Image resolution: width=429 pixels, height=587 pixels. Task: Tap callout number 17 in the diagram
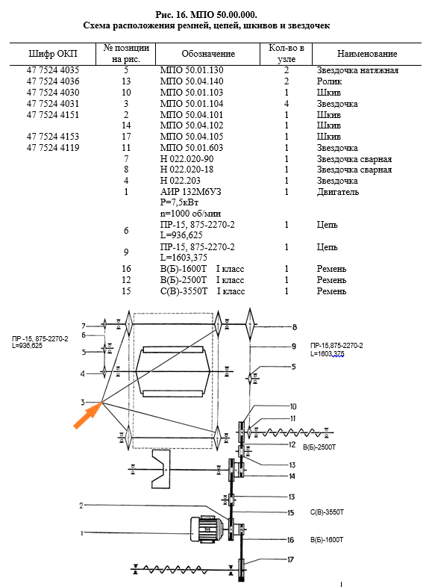290,559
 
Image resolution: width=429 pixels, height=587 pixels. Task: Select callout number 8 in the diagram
295,327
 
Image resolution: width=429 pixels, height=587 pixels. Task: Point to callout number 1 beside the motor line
82,533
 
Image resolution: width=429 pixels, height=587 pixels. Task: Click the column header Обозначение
208,54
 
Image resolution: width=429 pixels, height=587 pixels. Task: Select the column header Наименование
367,54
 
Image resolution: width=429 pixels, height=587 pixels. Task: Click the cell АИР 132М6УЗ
191,192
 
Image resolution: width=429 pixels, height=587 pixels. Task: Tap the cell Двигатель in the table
338,192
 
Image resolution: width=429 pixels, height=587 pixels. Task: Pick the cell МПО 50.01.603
192,148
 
